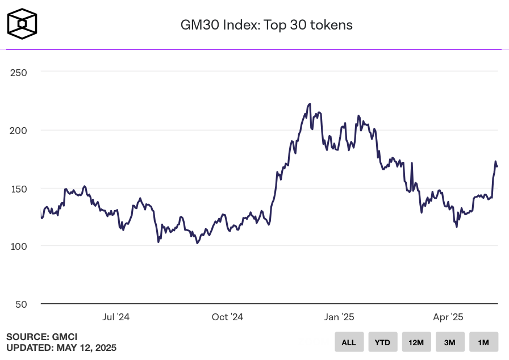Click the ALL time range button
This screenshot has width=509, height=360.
pos(349,342)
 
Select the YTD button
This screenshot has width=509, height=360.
pos(382,342)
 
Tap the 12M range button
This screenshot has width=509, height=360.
pos(416,342)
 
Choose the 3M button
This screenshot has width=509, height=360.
pos(449,342)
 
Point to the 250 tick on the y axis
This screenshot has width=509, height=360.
pos(18,72)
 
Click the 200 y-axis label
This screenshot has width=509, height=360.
pos(18,130)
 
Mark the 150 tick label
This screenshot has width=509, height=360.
pos(18,188)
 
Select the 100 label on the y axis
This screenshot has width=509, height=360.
pos(18,246)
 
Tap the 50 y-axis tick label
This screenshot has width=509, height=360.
pos(20,304)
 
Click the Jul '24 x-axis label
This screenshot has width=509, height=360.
pos(116,317)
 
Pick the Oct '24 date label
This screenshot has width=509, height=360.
pos(227,317)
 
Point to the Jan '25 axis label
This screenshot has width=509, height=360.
pos(339,317)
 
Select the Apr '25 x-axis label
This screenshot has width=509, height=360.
pos(449,317)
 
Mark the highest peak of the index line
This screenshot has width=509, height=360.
pos(310,104)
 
